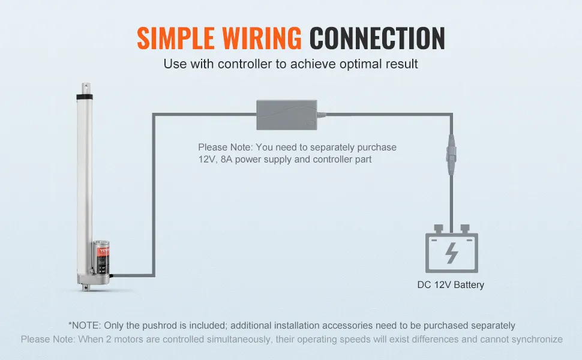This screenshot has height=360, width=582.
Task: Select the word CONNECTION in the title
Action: click(377, 38)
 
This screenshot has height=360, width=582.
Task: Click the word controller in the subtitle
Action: click(243, 64)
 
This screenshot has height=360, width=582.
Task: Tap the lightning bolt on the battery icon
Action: click(452, 253)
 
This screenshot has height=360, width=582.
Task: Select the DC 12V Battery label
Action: click(451, 285)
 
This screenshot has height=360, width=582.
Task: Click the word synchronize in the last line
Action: click(532, 339)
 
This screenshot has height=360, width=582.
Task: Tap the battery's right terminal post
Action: click(464, 229)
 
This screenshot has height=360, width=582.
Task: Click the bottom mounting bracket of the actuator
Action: click(89, 287)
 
